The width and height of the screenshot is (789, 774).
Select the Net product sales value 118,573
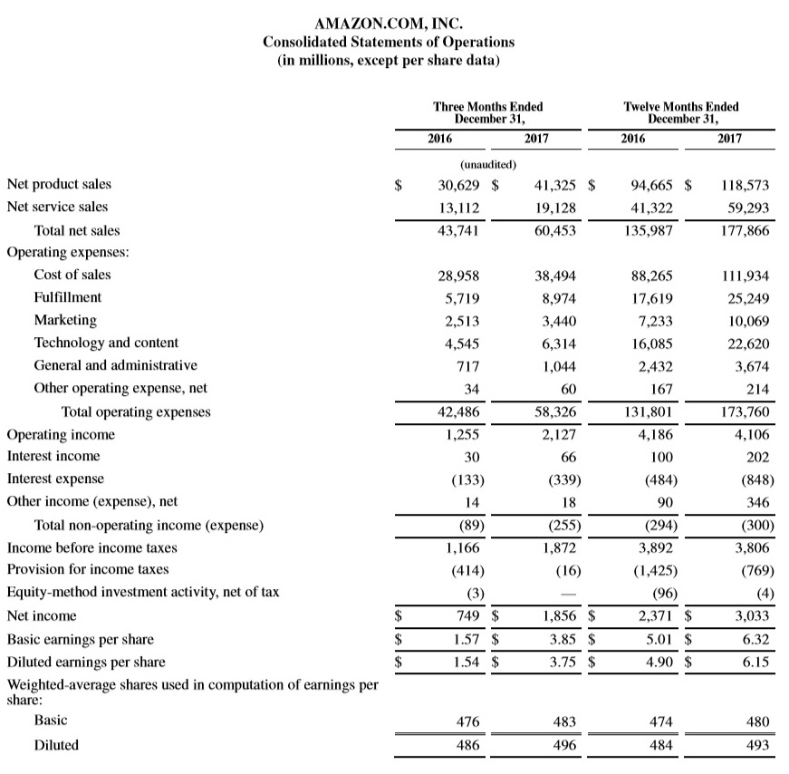click(x=745, y=184)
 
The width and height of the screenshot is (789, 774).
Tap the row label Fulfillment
click(x=68, y=297)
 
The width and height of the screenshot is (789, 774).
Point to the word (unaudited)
click(x=489, y=165)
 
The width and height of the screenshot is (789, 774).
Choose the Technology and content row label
click(x=106, y=343)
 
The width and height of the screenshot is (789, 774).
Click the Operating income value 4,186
click(x=651, y=434)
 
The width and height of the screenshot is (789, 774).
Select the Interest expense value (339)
click(x=562, y=479)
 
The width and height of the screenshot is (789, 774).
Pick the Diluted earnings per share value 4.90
click(x=657, y=662)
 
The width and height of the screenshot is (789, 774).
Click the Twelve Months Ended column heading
click(x=681, y=112)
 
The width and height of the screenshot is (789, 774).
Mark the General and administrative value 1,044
click(x=560, y=366)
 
